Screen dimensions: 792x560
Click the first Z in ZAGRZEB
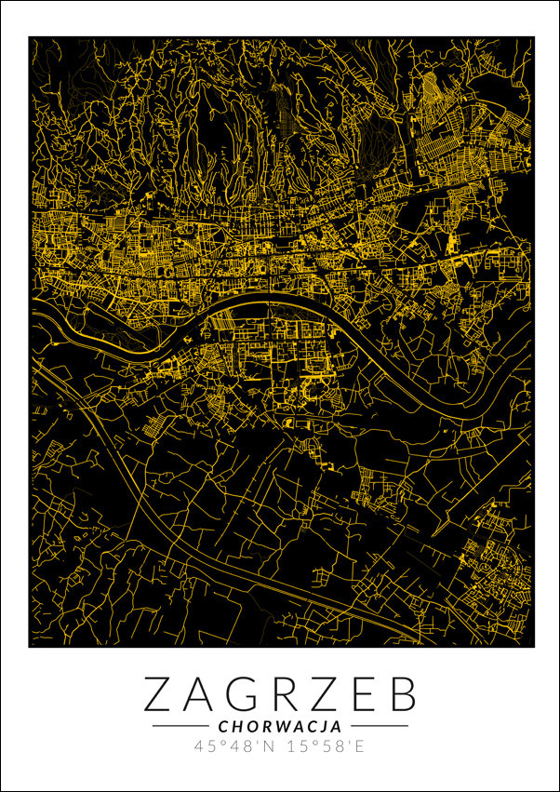160,694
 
